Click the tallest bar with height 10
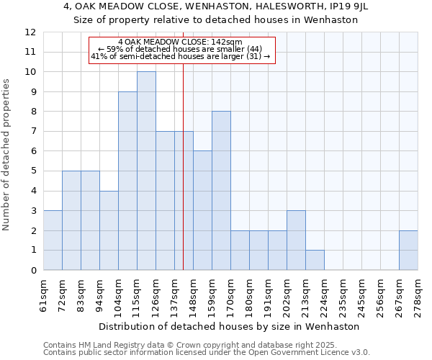pyautogui.click(x=146, y=171)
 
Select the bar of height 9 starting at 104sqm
pyautogui.click(x=127, y=181)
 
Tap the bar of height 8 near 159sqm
pyautogui.click(x=221, y=191)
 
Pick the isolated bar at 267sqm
pyautogui.click(x=408, y=250)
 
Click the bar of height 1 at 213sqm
pyautogui.click(x=315, y=260)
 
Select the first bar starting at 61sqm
pyautogui.click(x=53, y=240)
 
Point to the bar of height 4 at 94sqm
pyautogui.click(x=109, y=230)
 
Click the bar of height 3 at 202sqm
pyautogui.click(x=296, y=240)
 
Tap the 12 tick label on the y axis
pyautogui.click(x=30, y=32)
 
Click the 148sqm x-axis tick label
pyautogui.click(x=194, y=295)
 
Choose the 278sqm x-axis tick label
pyautogui.click(x=418, y=295)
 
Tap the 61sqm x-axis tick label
pyautogui.click(x=44, y=295)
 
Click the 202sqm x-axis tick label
pyautogui.click(x=287, y=295)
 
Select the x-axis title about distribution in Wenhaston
pyautogui.click(x=230, y=326)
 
